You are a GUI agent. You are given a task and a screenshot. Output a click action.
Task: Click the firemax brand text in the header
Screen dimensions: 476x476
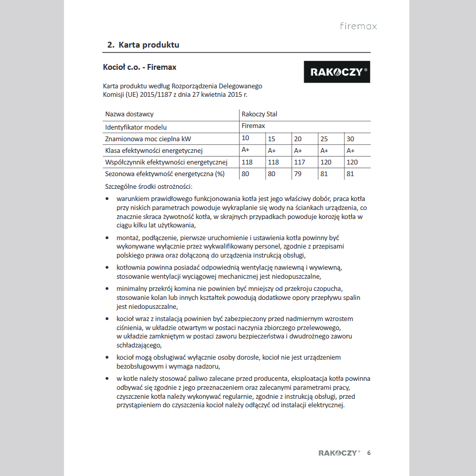[359, 26]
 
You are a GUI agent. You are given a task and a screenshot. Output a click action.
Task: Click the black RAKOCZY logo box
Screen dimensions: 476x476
[337, 71]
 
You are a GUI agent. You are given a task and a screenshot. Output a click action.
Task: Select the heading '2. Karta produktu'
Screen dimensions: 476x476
[143, 45]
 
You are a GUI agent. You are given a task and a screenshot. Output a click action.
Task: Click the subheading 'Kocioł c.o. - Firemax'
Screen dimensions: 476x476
[140, 67]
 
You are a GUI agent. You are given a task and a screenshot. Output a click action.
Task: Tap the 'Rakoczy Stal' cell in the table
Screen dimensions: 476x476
[259, 114]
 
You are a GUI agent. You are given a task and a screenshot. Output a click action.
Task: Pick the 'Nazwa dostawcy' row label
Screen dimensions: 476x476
[130, 114]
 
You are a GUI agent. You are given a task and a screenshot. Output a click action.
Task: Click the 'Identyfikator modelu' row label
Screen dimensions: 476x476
[136, 127]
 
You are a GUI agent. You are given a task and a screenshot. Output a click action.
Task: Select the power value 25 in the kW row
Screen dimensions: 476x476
[324, 139]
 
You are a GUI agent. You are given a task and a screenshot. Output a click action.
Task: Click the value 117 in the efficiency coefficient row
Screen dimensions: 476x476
[299, 162]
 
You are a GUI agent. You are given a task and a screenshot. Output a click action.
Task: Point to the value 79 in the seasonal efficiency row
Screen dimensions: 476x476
[298, 173]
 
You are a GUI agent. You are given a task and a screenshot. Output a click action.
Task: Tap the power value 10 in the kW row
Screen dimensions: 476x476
[245, 138]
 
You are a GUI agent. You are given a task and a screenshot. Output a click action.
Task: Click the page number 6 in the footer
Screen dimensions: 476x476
[369, 453]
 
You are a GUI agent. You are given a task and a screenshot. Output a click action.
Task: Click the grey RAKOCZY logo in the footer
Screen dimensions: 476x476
[339, 453]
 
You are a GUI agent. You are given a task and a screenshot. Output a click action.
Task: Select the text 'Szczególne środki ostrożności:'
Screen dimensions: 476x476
[149, 186]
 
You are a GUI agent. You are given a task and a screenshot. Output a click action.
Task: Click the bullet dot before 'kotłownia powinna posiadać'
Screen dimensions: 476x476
[108, 268]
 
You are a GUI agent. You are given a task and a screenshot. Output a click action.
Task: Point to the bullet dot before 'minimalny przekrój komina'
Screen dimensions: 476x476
[108, 289]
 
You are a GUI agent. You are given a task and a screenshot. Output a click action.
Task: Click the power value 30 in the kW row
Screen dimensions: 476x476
[351, 139]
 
